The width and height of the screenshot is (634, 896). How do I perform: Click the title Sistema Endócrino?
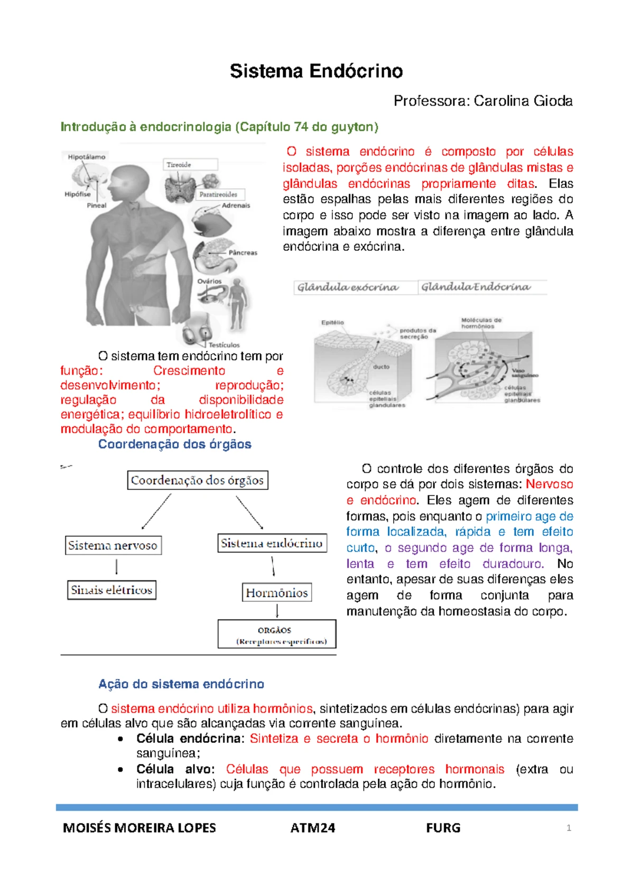click(316, 71)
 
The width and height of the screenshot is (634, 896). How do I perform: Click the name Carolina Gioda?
click(523, 101)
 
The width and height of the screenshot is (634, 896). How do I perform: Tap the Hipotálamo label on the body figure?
click(87, 157)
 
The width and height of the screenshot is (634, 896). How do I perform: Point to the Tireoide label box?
click(190, 165)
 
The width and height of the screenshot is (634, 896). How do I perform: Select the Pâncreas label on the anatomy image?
click(243, 253)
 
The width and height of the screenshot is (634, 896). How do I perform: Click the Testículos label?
click(223, 344)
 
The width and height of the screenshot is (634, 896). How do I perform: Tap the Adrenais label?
click(236, 206)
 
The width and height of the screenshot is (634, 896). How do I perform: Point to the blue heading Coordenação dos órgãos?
click(174, 444)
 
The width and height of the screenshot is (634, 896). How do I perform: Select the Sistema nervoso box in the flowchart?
click(113, 545)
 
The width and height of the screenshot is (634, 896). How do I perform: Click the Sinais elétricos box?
click(111, 590)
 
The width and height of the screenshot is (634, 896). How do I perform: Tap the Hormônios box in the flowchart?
click(276, 593)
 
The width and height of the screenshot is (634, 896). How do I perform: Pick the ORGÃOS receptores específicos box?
click(277, 634)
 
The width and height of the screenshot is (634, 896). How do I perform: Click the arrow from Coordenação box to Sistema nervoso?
click(156, 511)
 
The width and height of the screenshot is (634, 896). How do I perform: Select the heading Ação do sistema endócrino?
click(181, 684)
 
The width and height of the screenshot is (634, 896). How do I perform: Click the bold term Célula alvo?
click(175, 769)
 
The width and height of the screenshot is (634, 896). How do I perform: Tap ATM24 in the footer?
click(313, 828)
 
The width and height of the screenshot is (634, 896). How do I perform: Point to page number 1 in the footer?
click(568, 828)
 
